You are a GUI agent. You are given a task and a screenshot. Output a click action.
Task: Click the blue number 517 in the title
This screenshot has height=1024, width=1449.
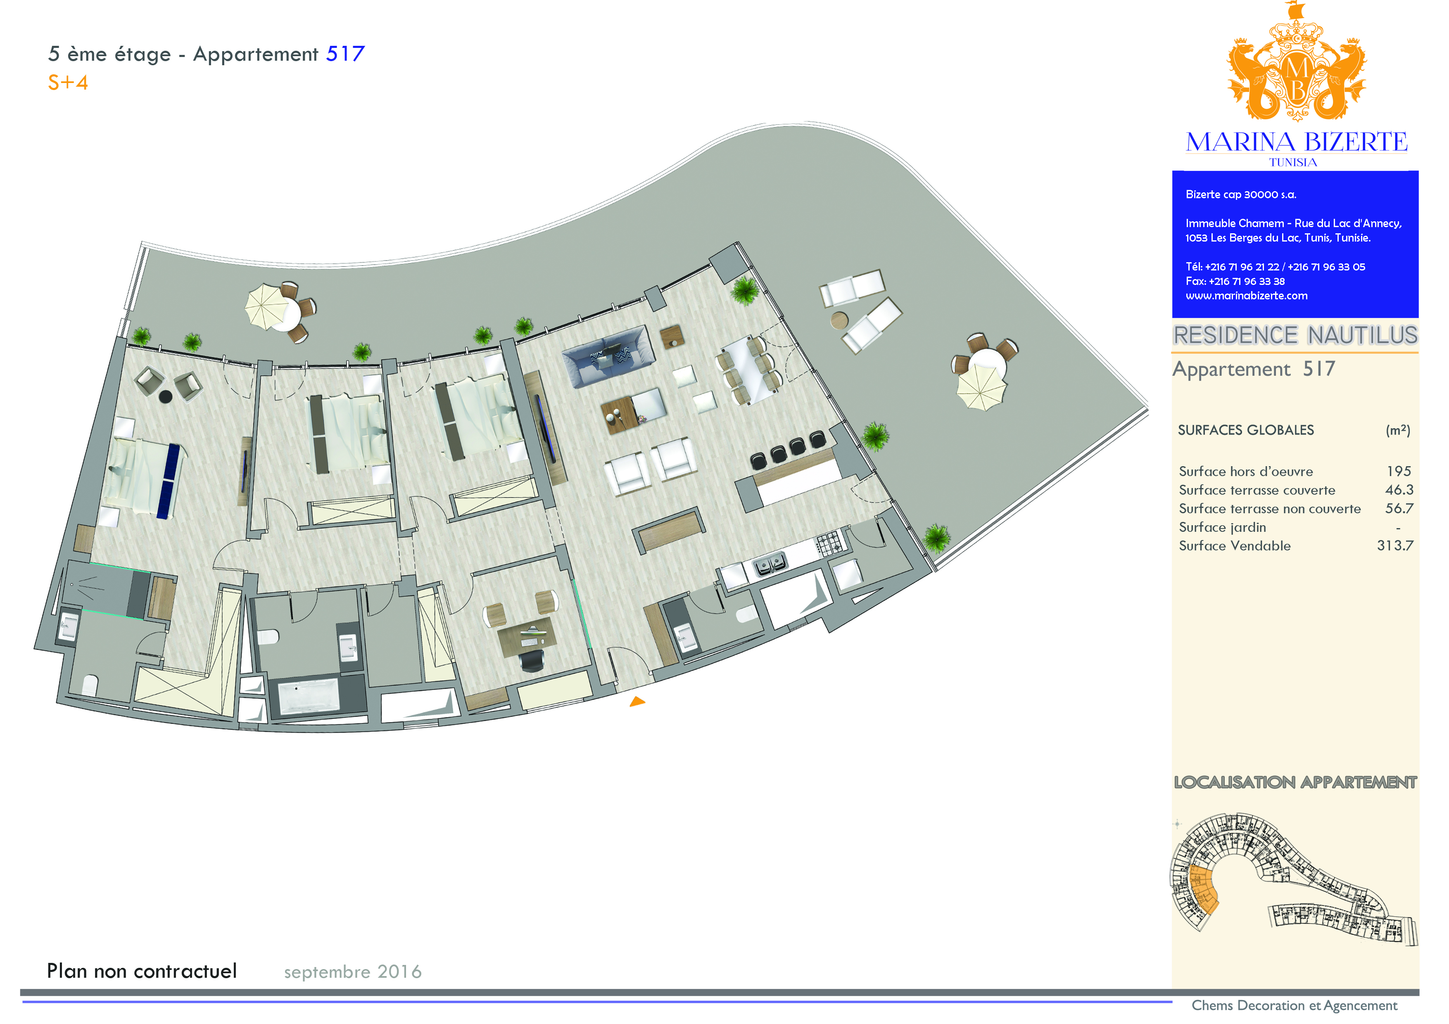pyautogui.click(x=345, y=54)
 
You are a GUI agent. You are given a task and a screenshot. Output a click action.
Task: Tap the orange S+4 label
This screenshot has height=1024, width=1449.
pyautogui.click(x=68, y=83)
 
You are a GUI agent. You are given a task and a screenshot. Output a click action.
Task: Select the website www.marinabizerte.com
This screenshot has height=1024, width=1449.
pyautogui.click(x=1247, y=296)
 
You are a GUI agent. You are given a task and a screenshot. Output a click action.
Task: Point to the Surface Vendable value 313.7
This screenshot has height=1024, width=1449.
pyautogui.click(x=1395, y=546)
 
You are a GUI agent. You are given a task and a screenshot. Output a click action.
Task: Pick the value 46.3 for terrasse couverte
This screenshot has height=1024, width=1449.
pyautogui.click(x=1399, y=490)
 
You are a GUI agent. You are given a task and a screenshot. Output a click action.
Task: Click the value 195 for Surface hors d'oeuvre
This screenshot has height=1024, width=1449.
pyautogui.click(x=1399, y=471)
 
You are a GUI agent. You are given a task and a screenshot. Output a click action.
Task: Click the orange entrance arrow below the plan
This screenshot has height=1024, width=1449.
pyautogui.click(x=637, y=701)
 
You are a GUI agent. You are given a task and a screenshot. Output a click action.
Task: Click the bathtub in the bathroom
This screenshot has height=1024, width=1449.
pyautogui.click(x=309, y=695)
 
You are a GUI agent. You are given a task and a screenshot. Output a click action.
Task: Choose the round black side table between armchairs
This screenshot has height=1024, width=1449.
pyautogui.click(x=165, y=396)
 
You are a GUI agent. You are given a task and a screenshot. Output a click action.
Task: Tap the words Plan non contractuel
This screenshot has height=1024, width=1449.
pyautogui.click(x=142, y=971)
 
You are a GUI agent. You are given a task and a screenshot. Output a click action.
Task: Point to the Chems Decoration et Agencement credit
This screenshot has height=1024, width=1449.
pyautogui.click(x=1295, y=1006)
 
